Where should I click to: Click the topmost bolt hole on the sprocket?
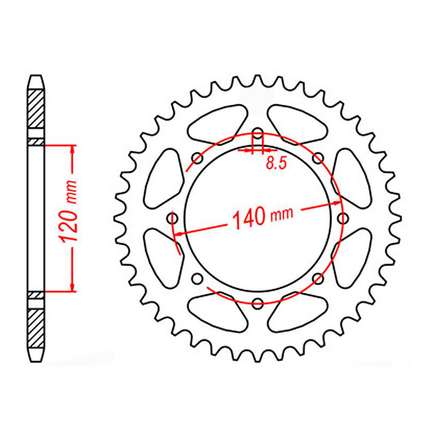(258, 134)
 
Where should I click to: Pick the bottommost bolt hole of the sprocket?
(258, 302)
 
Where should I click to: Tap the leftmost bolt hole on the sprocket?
(174, 218)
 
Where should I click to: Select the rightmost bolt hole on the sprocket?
(342, 218)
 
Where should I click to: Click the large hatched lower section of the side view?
(36, 330)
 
